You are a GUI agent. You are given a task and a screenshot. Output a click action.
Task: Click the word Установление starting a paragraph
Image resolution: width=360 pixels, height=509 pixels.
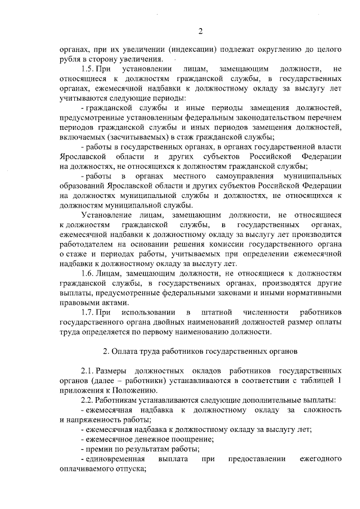point(107,215)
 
